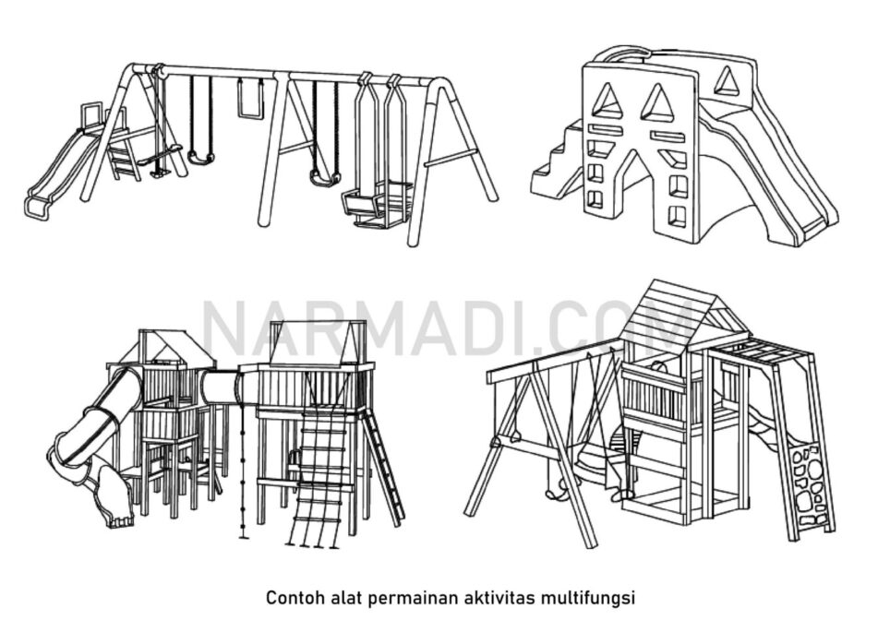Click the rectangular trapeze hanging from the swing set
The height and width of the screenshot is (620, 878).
click(250, 99)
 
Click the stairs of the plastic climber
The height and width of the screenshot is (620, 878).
click(556, 162)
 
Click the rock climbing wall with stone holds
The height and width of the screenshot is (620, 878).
click(810, 482)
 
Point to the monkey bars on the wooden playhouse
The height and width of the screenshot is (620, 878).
click(763, 352)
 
